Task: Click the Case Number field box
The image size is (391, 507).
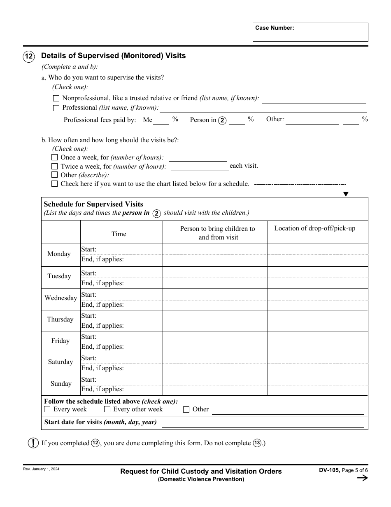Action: (x=310, y=32)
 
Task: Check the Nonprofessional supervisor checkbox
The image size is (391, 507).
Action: (x=56, y=99)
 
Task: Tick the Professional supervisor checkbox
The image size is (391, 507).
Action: (x=56, y=108)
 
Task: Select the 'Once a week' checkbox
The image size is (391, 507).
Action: (x=54, y=157)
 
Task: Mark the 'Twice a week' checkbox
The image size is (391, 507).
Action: (x=54, y=167)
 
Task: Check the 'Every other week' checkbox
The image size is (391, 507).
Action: (x=107, y=409)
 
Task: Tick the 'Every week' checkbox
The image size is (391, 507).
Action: (x=47, y=409)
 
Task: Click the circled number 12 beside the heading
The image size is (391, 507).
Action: (x=29, y=56)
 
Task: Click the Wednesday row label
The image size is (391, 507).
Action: (x=61, y=298)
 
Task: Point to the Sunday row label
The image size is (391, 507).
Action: (x=61, y=384)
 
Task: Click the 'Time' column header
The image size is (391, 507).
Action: (x=119, y=234)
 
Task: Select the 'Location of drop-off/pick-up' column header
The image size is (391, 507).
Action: (x=315, y=228)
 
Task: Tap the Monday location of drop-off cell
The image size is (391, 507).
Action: (x=318, y=254)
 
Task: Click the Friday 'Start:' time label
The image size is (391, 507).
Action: (x=88, y=337)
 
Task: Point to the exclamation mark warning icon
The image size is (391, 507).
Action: (x=33, y=443)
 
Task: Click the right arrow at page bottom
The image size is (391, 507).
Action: (x=362, y=478)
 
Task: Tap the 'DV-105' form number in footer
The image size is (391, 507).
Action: (x=329, y=471)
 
